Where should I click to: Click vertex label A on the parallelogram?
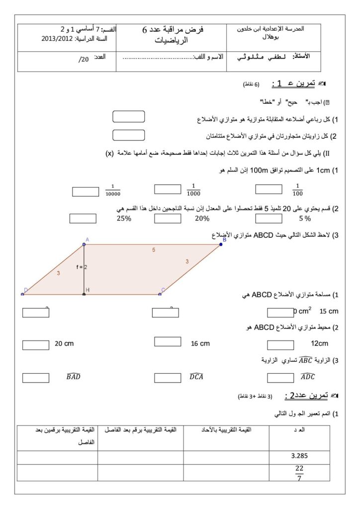[x=87, y=240]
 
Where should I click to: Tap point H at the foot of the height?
[x=87, y=290]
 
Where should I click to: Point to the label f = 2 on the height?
[x=82, y=267]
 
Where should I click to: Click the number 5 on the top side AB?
[x=154, y=250]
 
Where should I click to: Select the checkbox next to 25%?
[x=83, y=218]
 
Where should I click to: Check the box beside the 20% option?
[x=168, y=218]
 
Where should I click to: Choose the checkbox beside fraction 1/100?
[x=269, y=189]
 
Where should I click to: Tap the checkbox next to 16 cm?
[x=168, y=341]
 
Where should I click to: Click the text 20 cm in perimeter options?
[x=64, y=343]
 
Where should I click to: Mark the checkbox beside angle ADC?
[x=280, y=378]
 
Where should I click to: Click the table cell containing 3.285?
[x=295, y=455]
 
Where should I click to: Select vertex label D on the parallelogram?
[x=26, y=290]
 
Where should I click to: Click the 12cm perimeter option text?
[x=319, y=343]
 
